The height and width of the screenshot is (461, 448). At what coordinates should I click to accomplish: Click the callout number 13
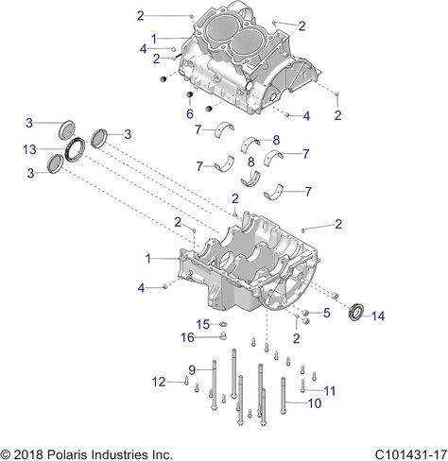point(29,149)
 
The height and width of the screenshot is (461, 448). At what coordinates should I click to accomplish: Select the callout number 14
point(378,316)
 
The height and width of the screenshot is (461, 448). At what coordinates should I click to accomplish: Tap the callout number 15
point(203,324)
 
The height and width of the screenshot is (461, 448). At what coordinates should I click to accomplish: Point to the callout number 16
point(187,337)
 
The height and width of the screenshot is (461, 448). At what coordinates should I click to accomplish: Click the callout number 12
point(159,382)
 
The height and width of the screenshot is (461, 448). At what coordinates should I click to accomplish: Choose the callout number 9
point(192,370)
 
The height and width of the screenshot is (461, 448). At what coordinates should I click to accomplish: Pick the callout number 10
point(315,403)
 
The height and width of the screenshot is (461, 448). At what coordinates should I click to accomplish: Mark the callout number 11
point(330,391)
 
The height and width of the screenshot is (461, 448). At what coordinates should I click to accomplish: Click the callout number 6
point(190,114)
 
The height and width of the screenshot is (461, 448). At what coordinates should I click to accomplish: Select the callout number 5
point(327,313)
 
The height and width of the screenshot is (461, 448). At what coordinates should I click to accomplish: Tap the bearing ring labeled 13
point(75,148)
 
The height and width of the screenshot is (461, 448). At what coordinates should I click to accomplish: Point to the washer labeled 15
point(223,324)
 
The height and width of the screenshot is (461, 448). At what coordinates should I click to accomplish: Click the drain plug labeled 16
point(224,336)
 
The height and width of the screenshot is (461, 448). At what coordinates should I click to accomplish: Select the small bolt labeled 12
point(186,382)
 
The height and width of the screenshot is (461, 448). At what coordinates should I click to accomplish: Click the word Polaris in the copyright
point(66,454)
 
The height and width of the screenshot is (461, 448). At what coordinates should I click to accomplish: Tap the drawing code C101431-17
point(411,454)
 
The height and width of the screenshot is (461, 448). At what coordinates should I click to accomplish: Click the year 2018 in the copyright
point(28,454)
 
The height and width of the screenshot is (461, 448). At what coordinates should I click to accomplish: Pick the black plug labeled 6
point(190,94)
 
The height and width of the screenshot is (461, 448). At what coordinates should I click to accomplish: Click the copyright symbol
point(6,455)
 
